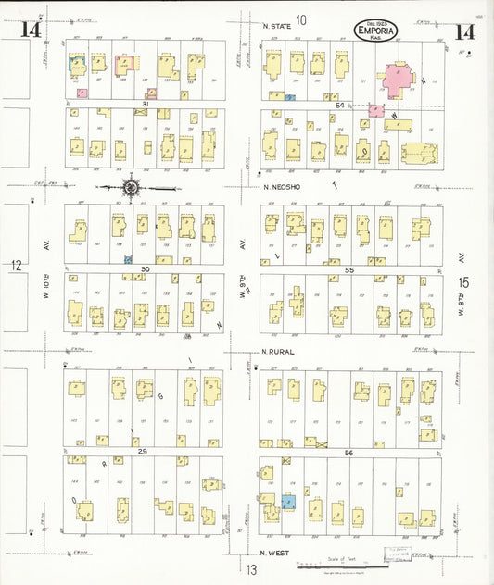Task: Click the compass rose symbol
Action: pos(132,188)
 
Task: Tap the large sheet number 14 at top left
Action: pos(31,31)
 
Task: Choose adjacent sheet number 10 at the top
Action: pos(300,19)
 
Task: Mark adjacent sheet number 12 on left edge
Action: pos(16,267)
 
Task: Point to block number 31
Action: pos(146,104)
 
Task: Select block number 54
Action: pos(340,106)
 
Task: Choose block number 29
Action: pos(143,450)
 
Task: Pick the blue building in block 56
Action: pos(287,502)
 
